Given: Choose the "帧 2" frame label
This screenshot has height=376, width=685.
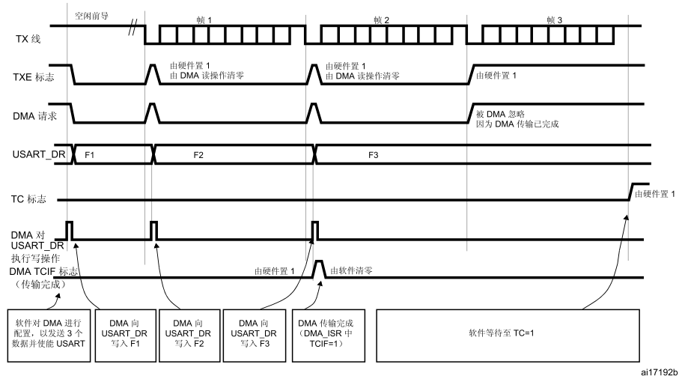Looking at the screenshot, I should coord(381,17).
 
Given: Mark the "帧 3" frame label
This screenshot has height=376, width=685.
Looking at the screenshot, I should coord(555,17).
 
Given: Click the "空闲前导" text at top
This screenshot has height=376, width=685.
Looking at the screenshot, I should coord(92,15).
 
